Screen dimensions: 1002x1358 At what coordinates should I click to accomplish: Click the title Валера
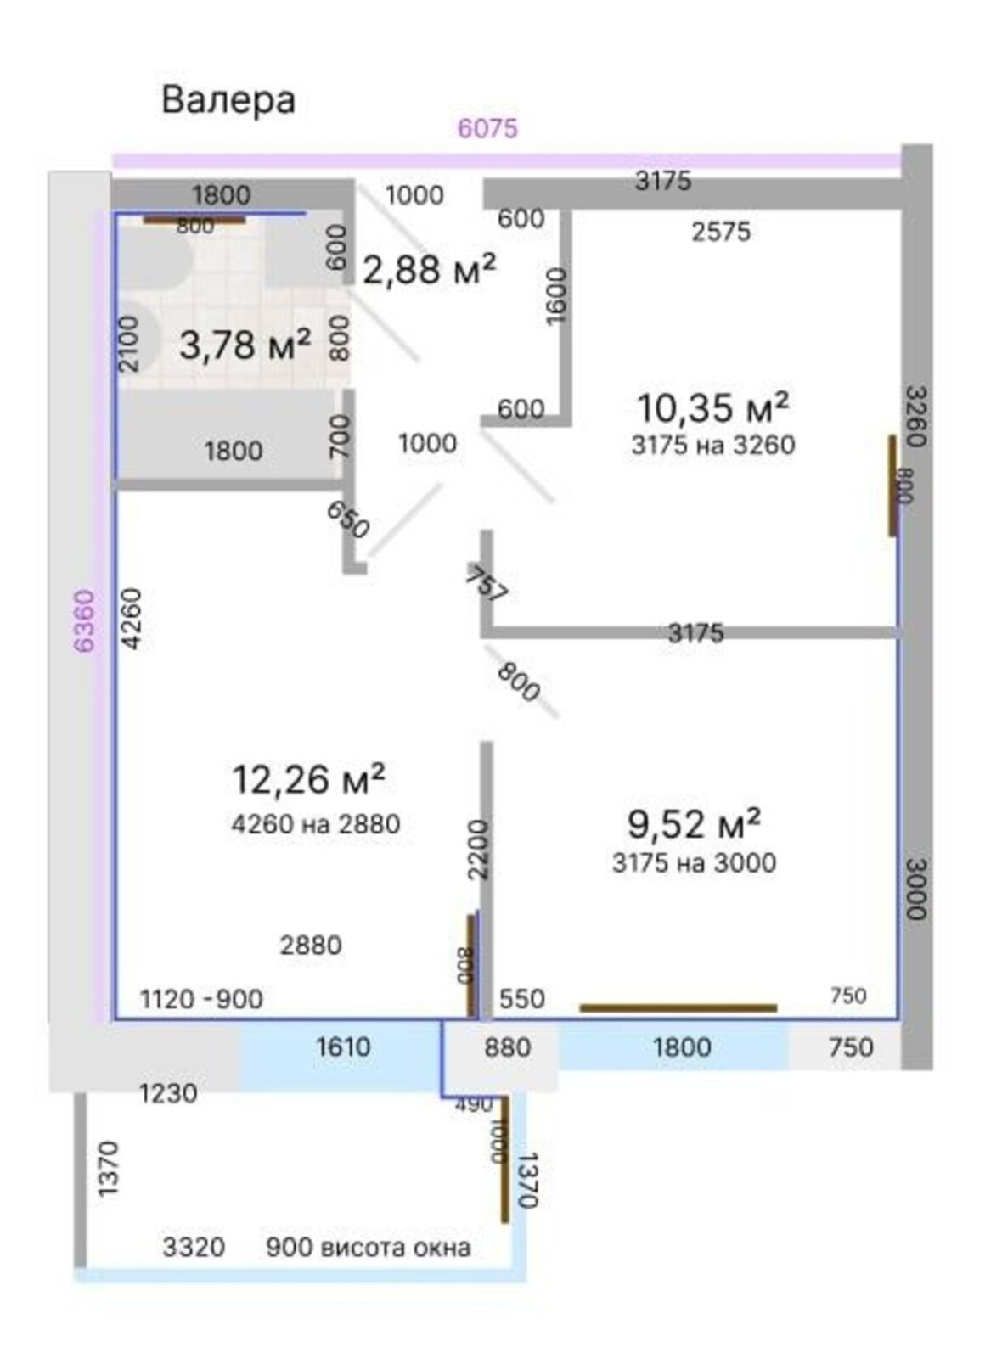click(228, 101)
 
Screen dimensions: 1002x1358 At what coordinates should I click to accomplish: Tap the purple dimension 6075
click(487, 128)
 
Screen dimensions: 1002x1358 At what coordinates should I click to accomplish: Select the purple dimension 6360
click(85, 620)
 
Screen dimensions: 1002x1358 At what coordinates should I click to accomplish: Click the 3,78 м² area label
click(245, 345)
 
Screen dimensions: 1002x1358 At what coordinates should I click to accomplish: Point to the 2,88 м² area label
click(430, 269)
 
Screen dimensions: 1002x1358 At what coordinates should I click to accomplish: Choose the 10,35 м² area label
click(713, 407)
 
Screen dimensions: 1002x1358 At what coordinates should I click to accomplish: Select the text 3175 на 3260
click(713, 445)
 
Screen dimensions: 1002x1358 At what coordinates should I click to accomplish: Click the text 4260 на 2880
click(316, 824)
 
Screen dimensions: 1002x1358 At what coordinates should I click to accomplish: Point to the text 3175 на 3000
click(695, 862)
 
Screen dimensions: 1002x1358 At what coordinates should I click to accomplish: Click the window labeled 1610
click(342, 1047)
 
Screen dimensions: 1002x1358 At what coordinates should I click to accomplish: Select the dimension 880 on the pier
click(508, 1047)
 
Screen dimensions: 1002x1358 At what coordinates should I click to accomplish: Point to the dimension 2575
click(721, 231)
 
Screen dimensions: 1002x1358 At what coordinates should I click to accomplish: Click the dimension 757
click(486, 584)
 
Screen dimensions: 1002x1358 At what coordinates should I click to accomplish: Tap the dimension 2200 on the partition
click(478, 850)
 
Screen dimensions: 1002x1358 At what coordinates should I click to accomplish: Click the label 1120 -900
click(202, 998)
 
